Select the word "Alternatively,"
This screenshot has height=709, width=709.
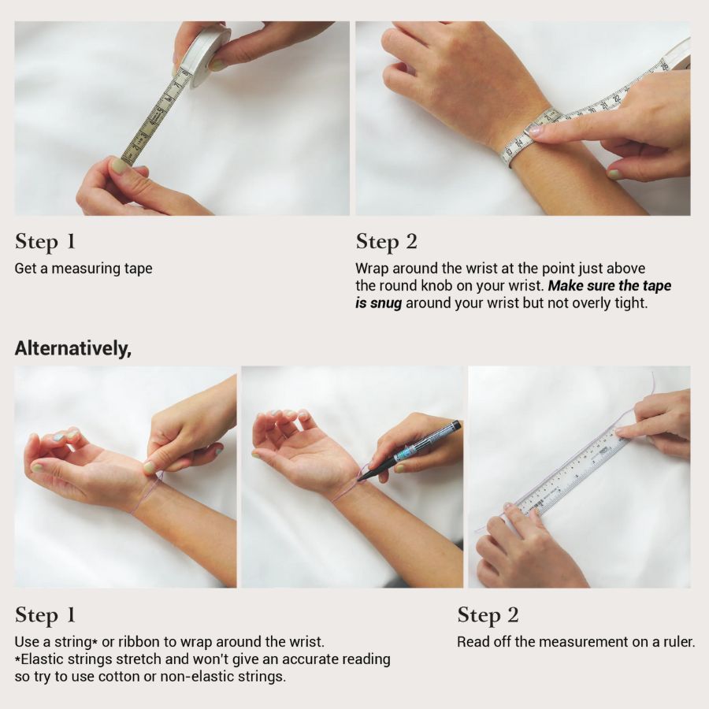72,349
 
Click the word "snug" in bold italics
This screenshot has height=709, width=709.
385,303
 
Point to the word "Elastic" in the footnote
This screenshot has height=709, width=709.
42,659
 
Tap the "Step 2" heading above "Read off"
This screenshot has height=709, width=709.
488,615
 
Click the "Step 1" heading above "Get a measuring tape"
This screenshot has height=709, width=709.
45,242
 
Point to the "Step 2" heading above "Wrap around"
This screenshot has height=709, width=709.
386,242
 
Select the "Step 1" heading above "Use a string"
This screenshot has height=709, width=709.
45,615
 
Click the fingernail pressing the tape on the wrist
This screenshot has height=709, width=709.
536,131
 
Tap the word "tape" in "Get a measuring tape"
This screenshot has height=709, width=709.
139,269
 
